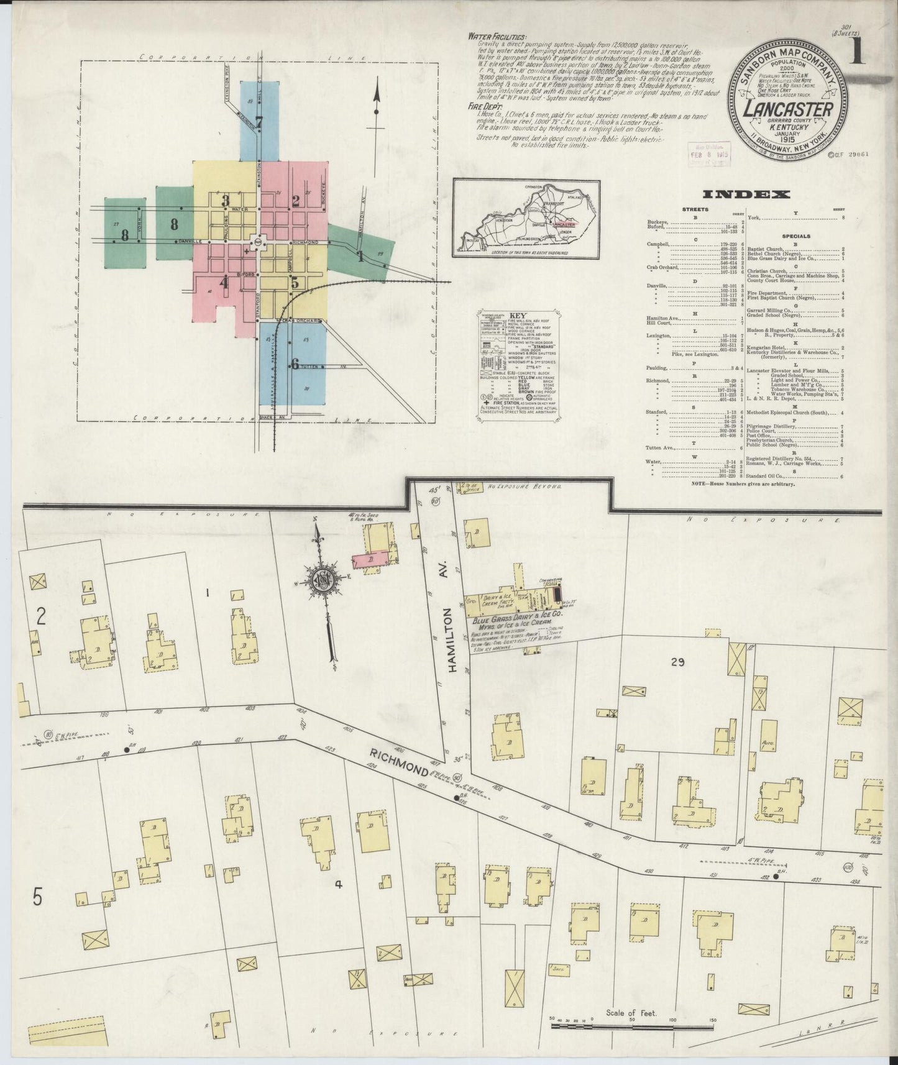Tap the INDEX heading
[x=746, y=194]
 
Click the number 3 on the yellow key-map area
[x=226, y=200]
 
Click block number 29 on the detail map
[x=677, y=662]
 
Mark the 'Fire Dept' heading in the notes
[x=485, y=106]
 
